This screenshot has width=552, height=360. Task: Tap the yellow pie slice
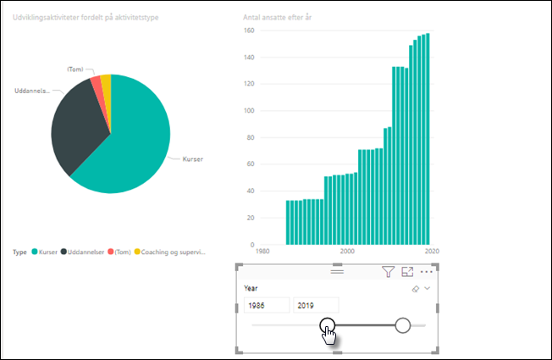click(x=106, y=80)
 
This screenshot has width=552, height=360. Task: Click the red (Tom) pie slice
click(x=96, y=82)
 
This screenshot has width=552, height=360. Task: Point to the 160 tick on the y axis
click(x=249, y=30)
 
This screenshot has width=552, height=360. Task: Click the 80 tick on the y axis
click(x=251, y=138)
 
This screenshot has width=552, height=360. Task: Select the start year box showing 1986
click(x=266, y=305)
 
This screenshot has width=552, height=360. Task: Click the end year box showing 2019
click(x=316, y=305)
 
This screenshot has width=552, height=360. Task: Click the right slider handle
click(x=403, y=325)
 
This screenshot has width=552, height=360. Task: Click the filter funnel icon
click(x=388, y=272)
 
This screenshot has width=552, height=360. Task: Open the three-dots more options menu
click(x=426, y=272)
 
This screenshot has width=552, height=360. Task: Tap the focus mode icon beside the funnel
click(x=407, y=272)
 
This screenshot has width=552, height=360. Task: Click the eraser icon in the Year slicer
click(x=415, y=289)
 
